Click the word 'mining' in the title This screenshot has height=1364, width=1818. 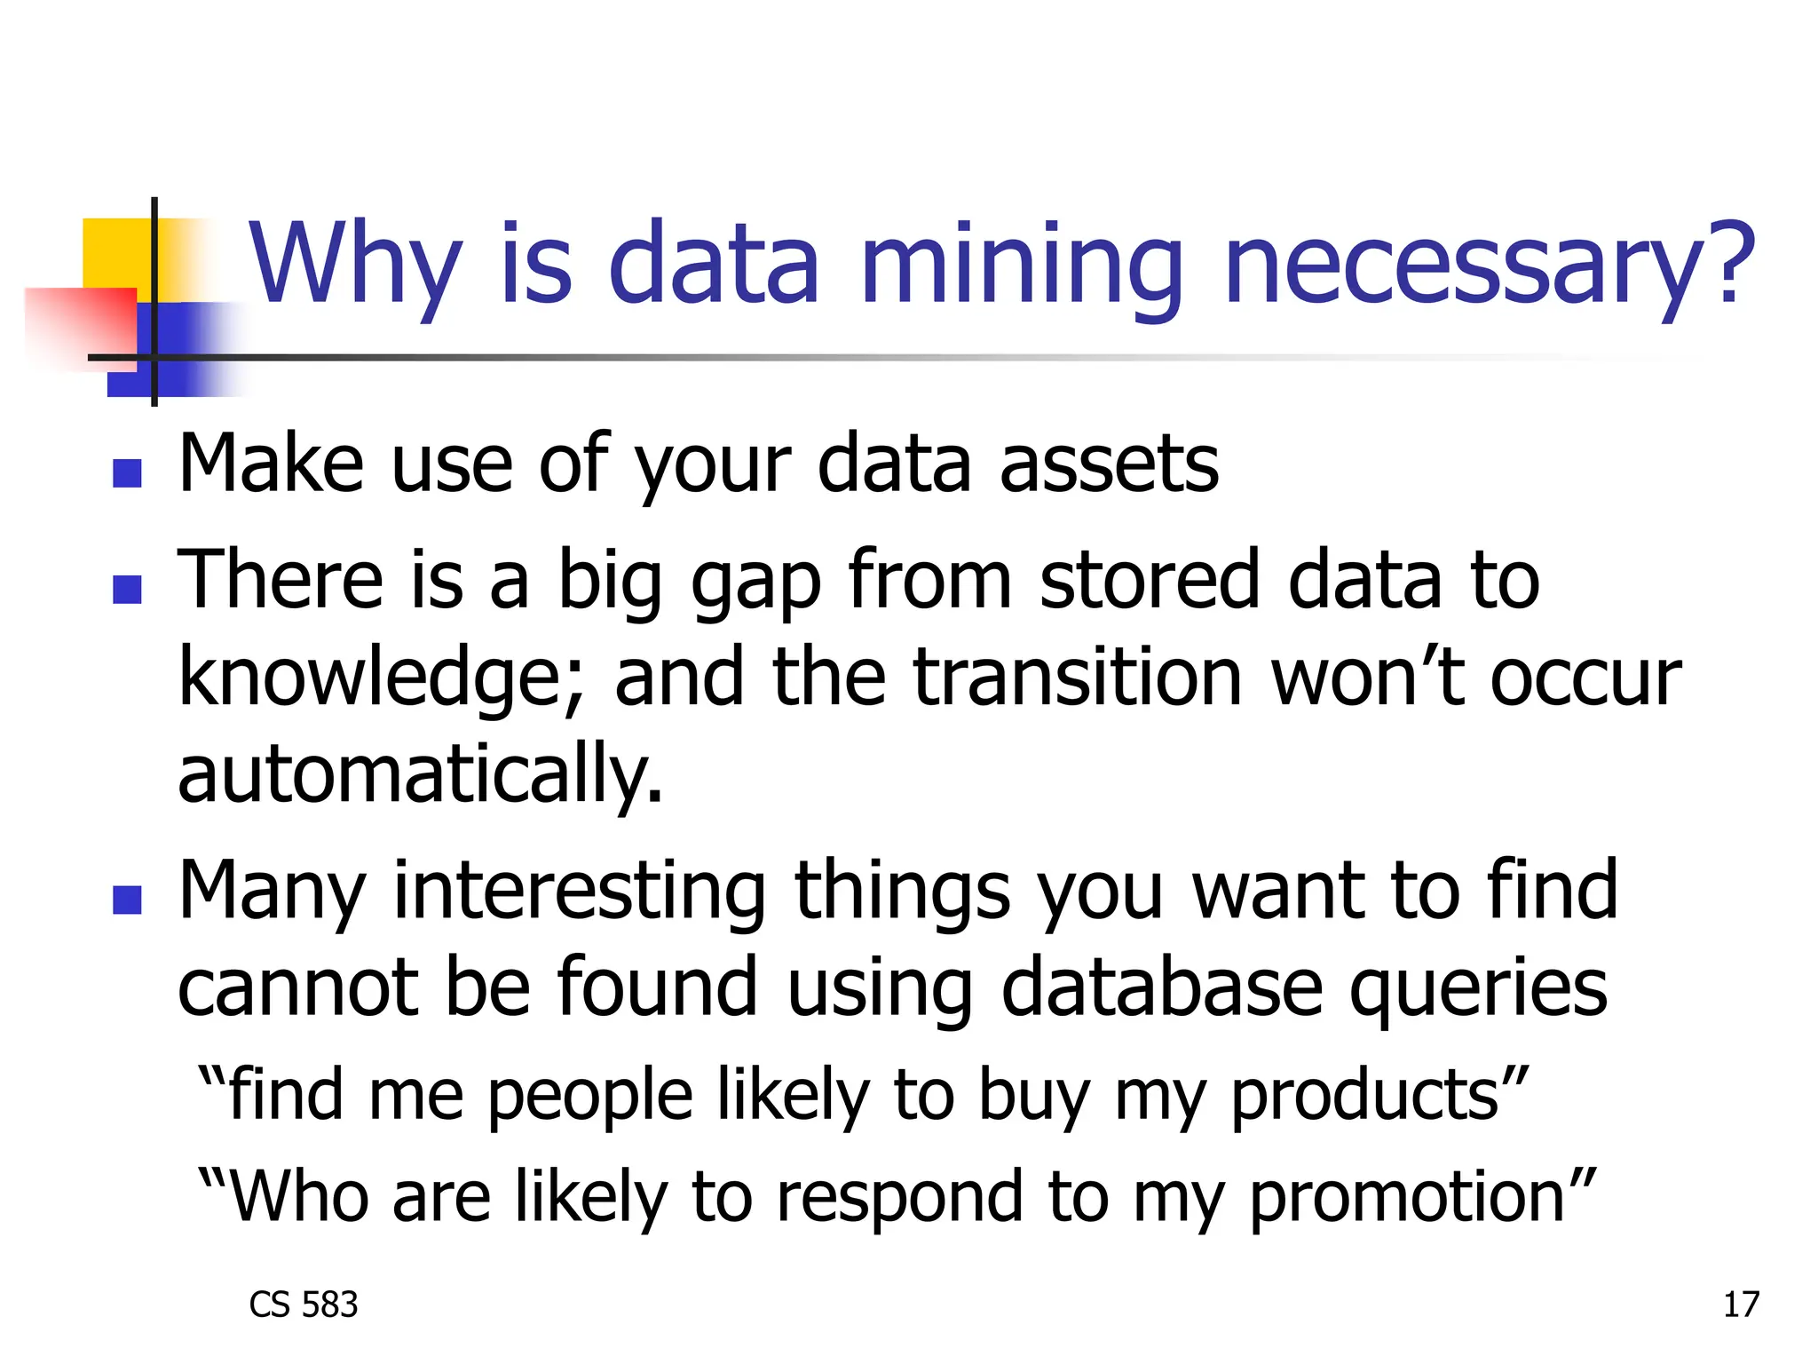click(x=1022, y=264)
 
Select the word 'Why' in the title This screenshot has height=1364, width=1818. click(x=355, y=264)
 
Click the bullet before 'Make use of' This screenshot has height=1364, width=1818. click(x=128, y=472)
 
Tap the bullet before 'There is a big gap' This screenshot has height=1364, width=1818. click(x=128, y=589)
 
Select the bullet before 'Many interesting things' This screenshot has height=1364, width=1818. click(x=128, y=899)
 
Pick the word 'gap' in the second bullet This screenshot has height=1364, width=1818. click(x=755, y=582)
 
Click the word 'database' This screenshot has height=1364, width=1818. click(x=1161, y=987)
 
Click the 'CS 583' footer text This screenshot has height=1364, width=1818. click(x=304, y=1305)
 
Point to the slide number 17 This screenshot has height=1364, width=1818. click(x=1741, y=1305)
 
